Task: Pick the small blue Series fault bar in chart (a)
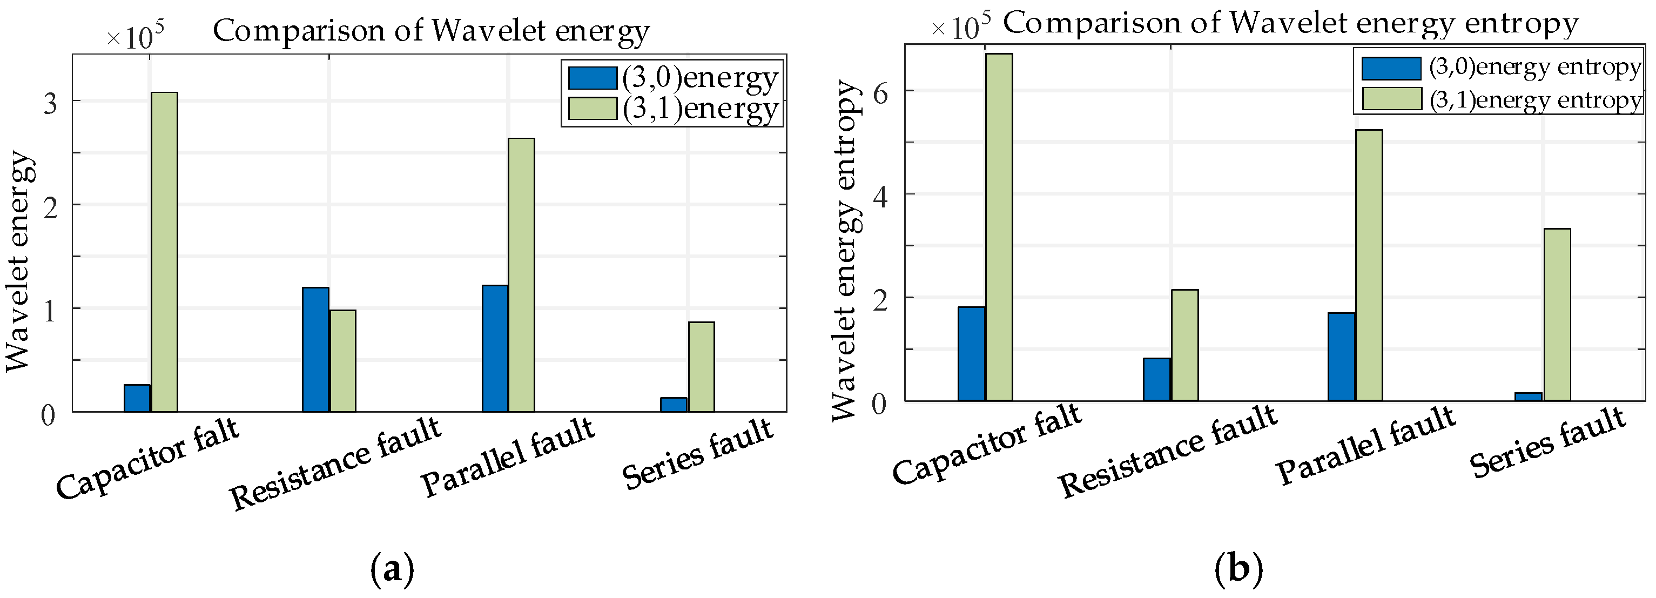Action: [x=673, y=405]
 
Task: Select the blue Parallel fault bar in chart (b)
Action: [x=1341, y=357]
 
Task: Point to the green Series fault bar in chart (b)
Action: [x=1557, y=315]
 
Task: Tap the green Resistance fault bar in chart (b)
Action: [x=1184, y=345]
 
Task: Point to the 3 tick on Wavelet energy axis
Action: [x=50, y=103]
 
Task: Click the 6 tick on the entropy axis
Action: [x=879, y=91]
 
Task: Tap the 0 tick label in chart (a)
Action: [x=48, y=415]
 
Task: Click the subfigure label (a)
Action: [x=393, y=569]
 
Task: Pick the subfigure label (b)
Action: [x=1238, y=569]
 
